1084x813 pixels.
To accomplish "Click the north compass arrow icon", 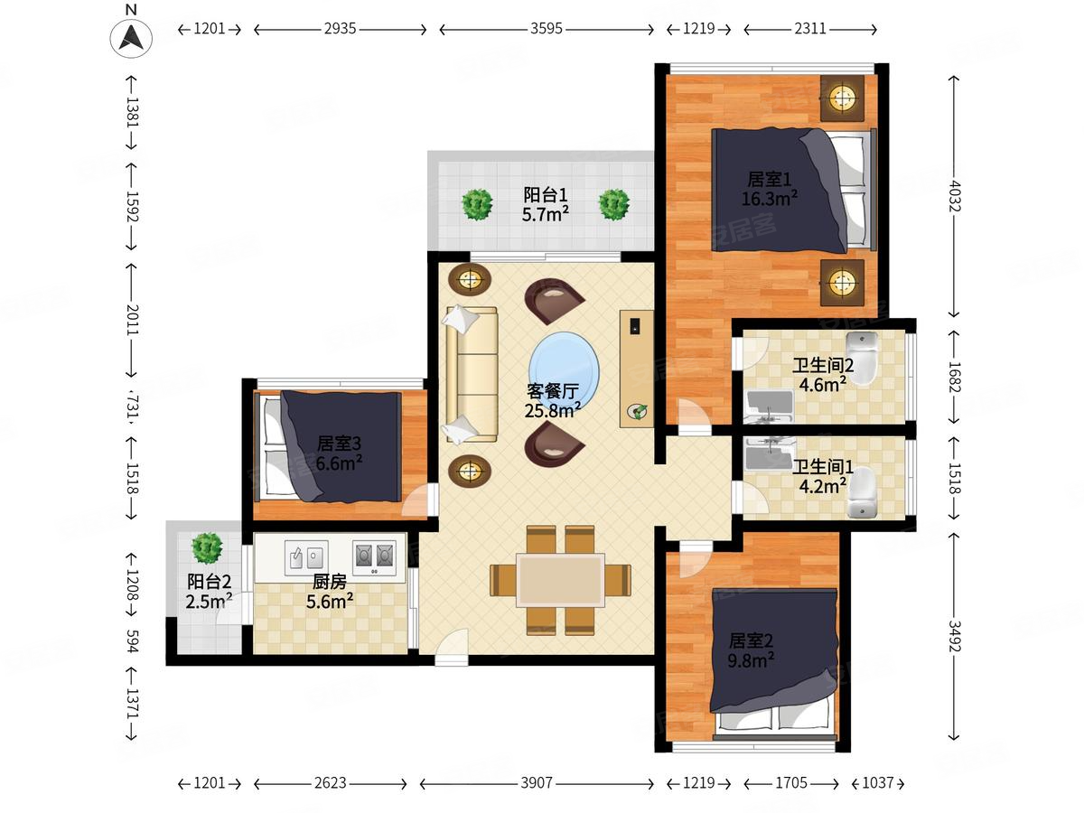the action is click(x=131, y=38).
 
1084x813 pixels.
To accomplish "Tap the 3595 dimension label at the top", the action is click(x=547, y=29).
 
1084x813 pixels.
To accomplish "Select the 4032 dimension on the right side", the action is click(x=954, y=196).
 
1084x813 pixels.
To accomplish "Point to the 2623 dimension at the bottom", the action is click(x=330, y=783).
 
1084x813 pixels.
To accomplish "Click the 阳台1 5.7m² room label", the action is click(x=546, y=204).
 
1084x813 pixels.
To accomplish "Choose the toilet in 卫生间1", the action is click(x=863, y=491).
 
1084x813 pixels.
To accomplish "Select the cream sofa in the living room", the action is click(x=470, y=374).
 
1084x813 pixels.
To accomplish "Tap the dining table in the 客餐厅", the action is click(x=561, y=580).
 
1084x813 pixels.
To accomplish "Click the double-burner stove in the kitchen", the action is click(x=374, y=557).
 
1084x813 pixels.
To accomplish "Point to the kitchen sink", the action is click(x=306, y=557).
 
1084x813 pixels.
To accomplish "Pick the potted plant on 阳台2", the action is click(x=207, y=548).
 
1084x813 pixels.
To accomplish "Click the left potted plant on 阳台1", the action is click(x=477, y=204).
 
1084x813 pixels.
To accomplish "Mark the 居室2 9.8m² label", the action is click(x=751, y=650).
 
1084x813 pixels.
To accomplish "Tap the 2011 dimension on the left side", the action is click(x=132, y=320).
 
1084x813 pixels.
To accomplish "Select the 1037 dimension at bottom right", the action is click(x=877, y=783).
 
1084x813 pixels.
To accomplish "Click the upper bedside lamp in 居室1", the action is click(x=842, y=98).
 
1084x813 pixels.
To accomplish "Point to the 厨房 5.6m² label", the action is click(x=330, y=592).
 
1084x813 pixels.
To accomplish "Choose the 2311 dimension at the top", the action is click(x=810, y=29).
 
